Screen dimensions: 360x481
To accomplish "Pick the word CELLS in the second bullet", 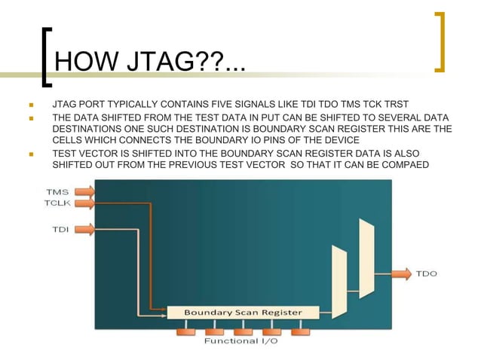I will (x=69, y=141).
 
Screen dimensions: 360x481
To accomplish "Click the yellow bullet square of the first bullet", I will (x=31, y=104).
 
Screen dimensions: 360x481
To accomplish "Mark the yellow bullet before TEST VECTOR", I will (x=31, y=154).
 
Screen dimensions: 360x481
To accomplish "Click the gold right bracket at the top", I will (x=440, y=41).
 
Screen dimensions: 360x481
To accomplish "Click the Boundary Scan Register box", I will (x=243, y=312).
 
